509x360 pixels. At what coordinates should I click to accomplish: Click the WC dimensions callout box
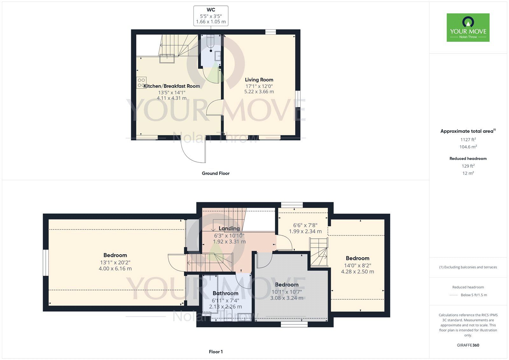211,16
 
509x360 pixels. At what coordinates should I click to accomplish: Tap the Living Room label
259,80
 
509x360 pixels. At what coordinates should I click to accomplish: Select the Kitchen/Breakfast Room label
171,86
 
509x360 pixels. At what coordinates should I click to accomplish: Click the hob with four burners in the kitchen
141,83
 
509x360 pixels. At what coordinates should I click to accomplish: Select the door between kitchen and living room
214,108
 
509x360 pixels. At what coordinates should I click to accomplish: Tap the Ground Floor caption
215,173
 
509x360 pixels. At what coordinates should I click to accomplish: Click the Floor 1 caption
215,352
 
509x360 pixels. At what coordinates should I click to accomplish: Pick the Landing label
229,229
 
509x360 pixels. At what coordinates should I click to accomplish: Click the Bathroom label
225,293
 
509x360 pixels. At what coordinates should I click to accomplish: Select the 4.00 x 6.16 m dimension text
115,269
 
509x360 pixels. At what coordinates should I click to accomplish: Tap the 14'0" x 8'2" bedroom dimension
358,265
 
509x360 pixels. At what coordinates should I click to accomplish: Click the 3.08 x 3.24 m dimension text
287,298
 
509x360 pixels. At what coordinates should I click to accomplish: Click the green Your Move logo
468,27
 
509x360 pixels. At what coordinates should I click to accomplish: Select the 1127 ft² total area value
468,139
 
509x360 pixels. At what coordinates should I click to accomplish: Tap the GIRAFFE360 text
468,345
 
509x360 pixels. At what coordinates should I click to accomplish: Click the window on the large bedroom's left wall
45,262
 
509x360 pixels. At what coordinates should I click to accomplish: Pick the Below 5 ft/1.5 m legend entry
474,295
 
